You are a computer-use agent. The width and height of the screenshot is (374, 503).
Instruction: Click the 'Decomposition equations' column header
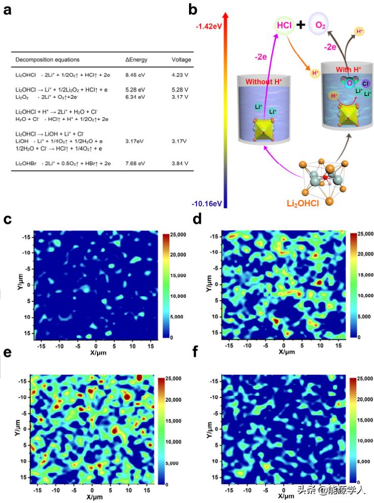48,60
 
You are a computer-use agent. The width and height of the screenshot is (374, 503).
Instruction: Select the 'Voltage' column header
181,60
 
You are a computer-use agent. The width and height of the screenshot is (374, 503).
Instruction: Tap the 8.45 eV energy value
135,75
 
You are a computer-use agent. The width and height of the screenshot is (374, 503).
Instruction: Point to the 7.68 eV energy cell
135,163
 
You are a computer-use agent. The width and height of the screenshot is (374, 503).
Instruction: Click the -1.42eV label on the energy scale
208,24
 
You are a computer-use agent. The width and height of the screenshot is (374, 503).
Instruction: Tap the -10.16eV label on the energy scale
207,203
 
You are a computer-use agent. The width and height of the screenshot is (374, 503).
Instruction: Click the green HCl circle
284,24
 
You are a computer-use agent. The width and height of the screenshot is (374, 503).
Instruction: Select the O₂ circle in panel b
320,24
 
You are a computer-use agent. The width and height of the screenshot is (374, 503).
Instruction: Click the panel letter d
198,219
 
